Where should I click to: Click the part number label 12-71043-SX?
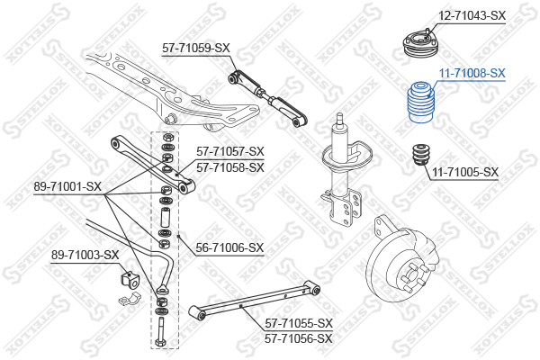(x=472, y=15)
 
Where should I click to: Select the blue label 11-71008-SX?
(x=472, y=73)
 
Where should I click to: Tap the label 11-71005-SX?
(x=465, y=172)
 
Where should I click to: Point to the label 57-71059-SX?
(x=195, y=48)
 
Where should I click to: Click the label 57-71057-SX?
(x=230, y=151)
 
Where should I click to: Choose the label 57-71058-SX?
(x=230, y=167)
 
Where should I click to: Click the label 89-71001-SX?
(x=67, y=186)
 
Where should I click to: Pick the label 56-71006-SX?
(x=229, y=247)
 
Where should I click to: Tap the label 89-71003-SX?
(x=85, y=256)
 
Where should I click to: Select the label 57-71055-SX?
(x=299, y=323)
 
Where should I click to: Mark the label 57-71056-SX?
(x=299, y=338)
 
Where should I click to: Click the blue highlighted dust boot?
(x=420, y=102)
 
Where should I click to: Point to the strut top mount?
(x=420, y=44)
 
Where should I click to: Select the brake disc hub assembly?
(x=402, y=262)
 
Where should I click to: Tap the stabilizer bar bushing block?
(x=129, y=279)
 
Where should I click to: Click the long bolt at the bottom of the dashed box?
(x=161, y=332)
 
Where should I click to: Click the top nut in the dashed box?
(x=167, y=137)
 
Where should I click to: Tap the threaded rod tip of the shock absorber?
(x=340, y=119)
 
